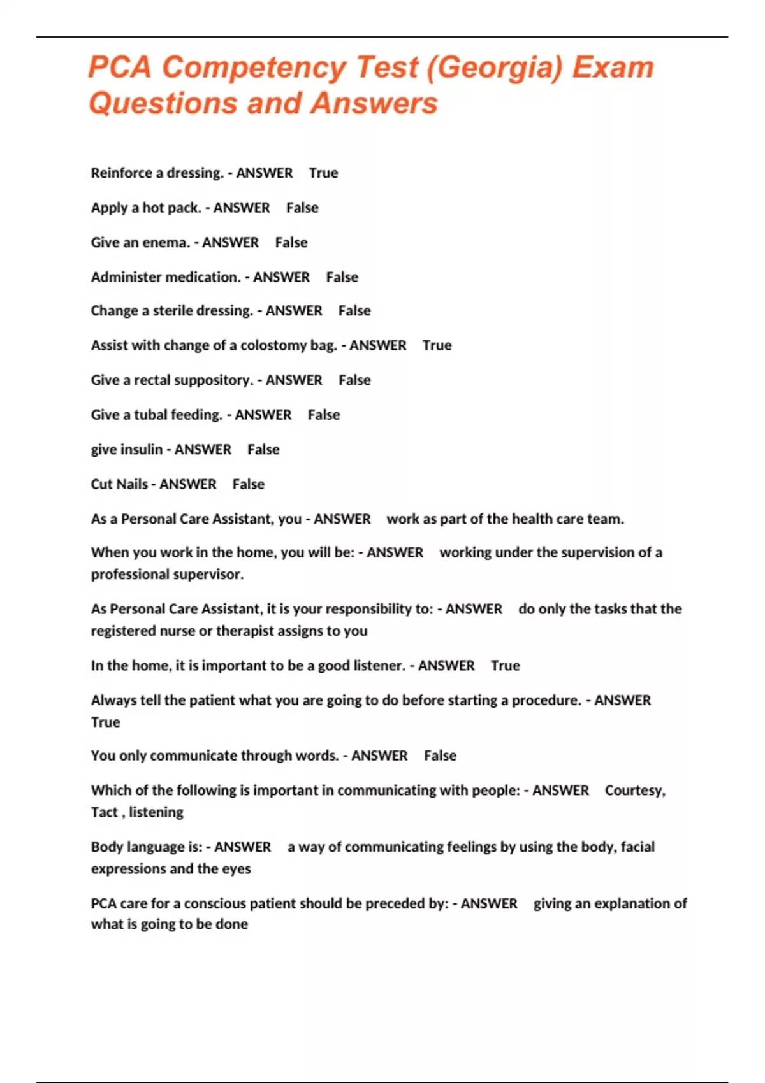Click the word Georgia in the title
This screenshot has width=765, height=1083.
(495, 68)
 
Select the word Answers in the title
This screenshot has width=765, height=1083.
(375, 103)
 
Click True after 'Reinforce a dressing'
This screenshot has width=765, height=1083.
(323, 173)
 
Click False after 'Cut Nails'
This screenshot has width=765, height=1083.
(248, 484)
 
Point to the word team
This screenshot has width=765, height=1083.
(605, 519)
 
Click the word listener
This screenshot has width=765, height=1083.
(379, 666)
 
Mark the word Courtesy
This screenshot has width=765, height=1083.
(634, 791)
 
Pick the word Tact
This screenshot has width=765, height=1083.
(105, 812)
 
